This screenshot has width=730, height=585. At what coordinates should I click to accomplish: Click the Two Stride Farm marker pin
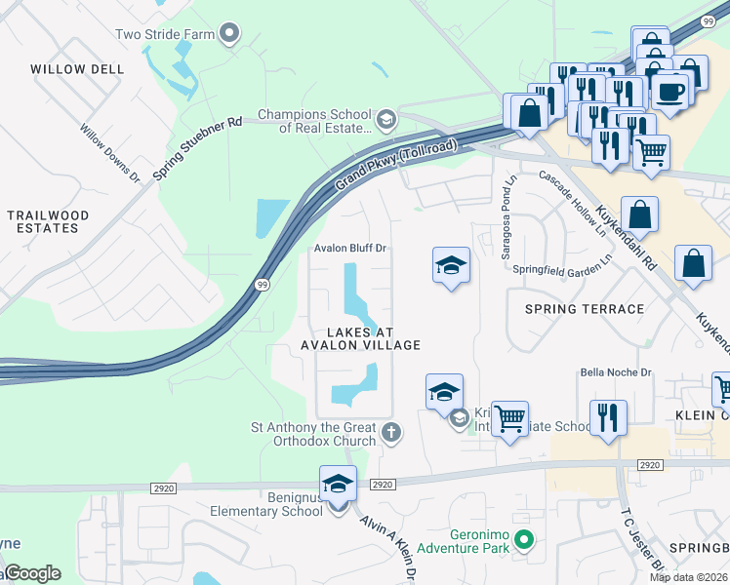(x=229, y=34)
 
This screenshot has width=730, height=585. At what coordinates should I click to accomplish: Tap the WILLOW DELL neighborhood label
(x=77, y=69)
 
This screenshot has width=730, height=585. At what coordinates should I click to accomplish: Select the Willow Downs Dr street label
(x=110, y=153)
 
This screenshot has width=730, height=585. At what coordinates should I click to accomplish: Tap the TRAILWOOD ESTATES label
(x=48, y=221)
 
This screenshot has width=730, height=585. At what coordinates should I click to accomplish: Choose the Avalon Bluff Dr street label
(x=350, y=249)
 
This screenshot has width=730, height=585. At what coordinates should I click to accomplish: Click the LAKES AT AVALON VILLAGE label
(x=360, y=338)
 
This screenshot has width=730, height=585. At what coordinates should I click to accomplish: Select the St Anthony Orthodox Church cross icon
(x=390, y=432)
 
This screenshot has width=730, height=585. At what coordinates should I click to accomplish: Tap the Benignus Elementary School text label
(x=266, y=504)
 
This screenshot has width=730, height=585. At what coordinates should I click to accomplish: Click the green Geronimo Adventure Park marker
(x=524, y=538)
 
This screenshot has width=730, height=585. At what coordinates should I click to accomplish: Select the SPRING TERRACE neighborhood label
(x=585, y=309)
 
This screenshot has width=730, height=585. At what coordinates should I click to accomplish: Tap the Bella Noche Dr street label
(x=615, y=372)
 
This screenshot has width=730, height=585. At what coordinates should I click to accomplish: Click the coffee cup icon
(x=670, y=91)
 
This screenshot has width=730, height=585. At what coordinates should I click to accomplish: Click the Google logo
(x=31, y=573)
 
